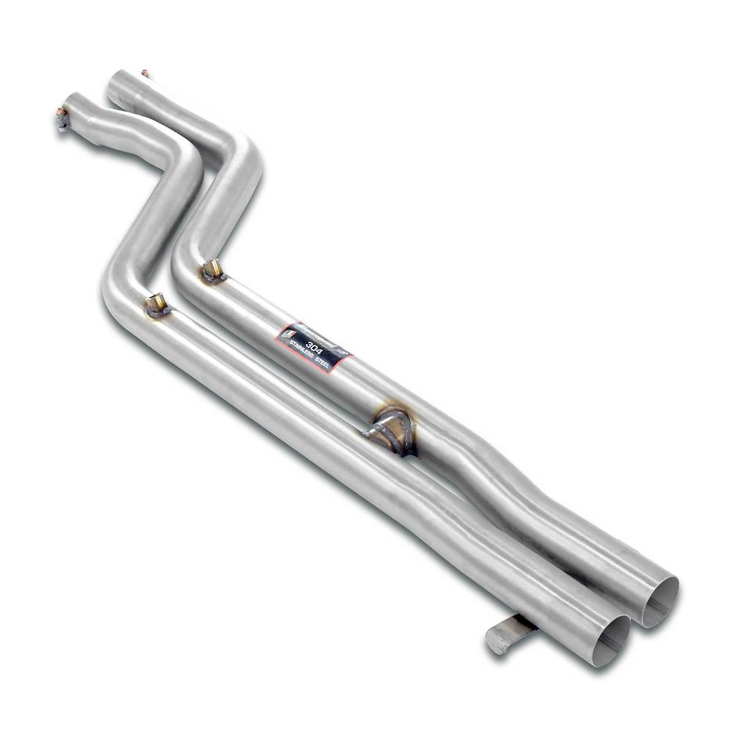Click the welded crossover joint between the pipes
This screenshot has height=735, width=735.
tap(390, 430)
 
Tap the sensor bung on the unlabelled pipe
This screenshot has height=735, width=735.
tap(156, 304)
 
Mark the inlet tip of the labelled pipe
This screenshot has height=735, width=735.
tap(118, 83)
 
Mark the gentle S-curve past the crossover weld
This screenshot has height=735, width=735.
tap(514, 485)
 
